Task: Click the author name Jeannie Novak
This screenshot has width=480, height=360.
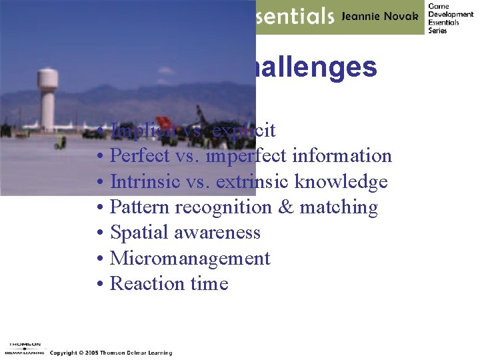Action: pos(381,17)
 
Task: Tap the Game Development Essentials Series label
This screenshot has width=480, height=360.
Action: pos(450,18)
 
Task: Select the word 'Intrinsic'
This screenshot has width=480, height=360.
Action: pos(143,181)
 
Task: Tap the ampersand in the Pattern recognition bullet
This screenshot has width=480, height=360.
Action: pos(285,207)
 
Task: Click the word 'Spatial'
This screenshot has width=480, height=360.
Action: pos(138,233)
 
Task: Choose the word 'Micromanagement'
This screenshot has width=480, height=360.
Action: pos(190,259)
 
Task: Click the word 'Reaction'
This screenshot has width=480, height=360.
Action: pos(147,284)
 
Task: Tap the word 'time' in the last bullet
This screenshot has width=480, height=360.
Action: pos(209,284)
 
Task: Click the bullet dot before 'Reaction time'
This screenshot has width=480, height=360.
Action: pos(98,285)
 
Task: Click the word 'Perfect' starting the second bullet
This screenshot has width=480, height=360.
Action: pos(137,156)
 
